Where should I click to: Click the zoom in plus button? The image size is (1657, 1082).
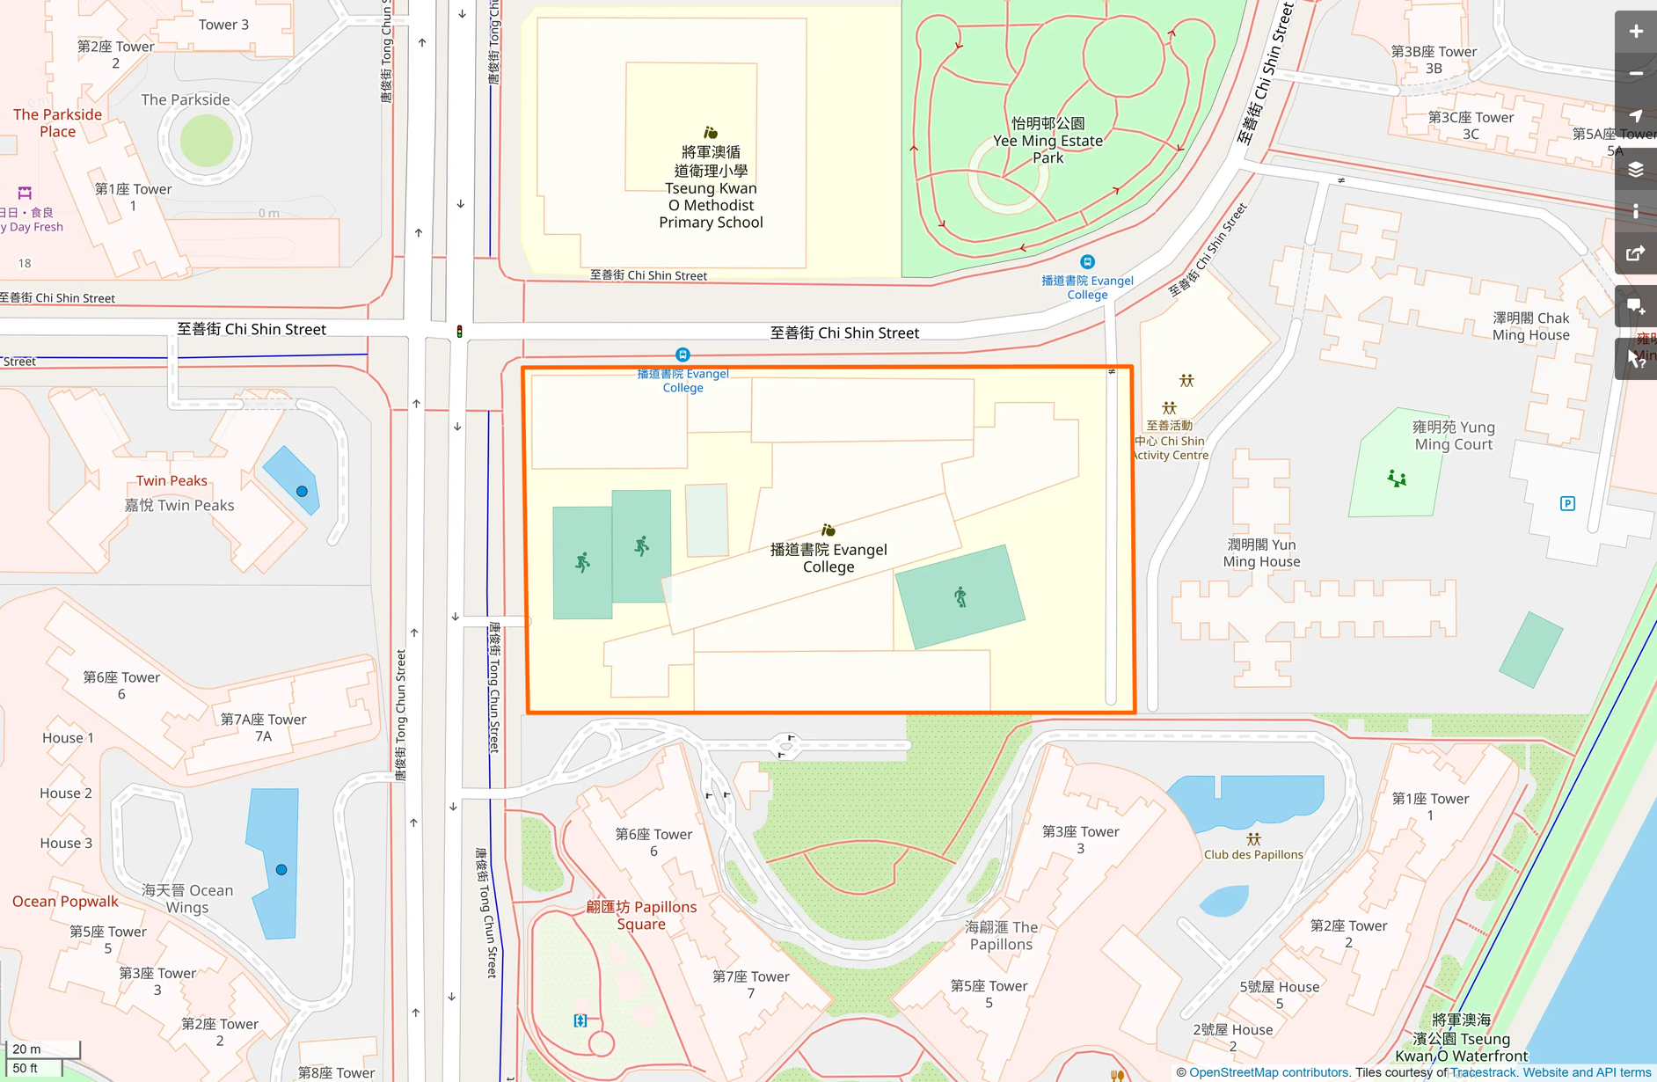(1635, 32)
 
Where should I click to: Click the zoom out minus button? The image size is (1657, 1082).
(1635, 74)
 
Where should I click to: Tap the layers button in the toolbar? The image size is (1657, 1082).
(1635, 169)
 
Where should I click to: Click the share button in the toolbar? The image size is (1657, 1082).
(1635, 253)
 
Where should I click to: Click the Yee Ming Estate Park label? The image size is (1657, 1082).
(1047, 141)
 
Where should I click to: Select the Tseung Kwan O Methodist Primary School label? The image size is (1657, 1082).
(711, 187)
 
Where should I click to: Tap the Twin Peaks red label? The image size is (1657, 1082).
(172, 480)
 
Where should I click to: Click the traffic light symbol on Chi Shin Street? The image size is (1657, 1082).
(459, 332)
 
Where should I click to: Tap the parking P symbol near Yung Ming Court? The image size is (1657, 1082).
(1567, 503)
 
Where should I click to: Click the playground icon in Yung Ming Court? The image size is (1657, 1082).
(1397, 479)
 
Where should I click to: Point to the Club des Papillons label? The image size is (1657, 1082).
(1253, 854)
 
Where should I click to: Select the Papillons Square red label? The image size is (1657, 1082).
(641, 915)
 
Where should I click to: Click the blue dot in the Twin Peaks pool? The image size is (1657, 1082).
(302, 491)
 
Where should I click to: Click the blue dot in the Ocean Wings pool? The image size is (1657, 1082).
(281, 869)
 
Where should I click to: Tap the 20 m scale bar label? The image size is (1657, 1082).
(27, 1049)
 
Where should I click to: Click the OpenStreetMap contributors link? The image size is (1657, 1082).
(1268, 1072)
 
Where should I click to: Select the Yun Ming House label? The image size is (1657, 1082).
(1261, 552)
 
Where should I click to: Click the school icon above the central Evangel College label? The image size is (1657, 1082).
(828, 530)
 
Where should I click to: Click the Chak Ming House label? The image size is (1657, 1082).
(1530, 326)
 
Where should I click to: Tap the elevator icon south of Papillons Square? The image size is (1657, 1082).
(580, 1020)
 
